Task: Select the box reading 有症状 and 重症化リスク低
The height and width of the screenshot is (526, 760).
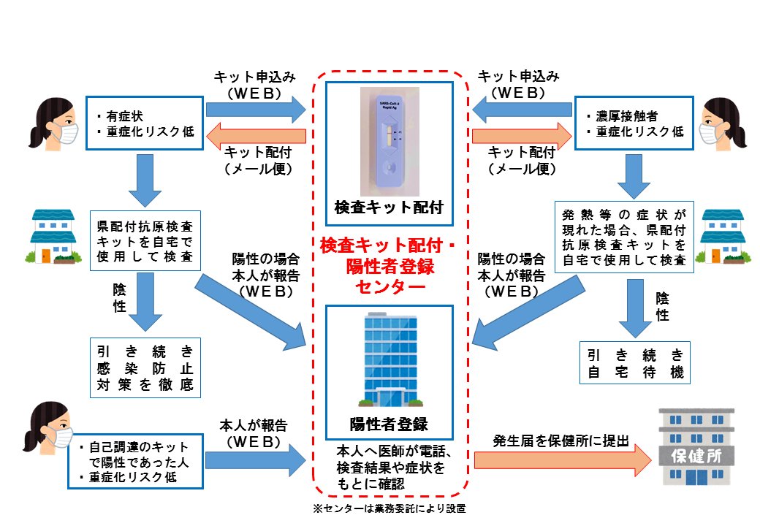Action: click(144, 123)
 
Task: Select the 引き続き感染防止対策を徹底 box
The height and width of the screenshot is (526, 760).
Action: click(144, 367)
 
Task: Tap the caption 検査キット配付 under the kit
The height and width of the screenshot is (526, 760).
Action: click(388, 207)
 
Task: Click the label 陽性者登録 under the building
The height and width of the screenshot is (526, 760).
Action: click(388, 424)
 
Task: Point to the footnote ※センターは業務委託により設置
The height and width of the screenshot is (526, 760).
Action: click(388, 508)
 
